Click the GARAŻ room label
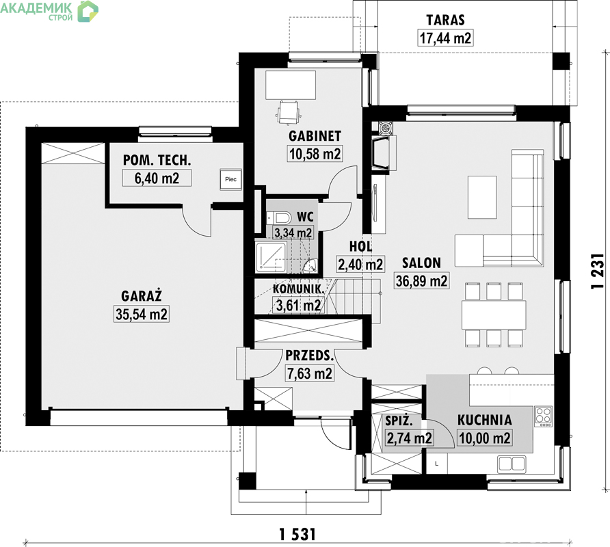[x=142, y=297]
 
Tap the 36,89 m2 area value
[x=421, y=280]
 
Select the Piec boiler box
[x=230, y=179]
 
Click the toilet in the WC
[x=279, y=218]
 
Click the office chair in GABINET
[x=289, y=111]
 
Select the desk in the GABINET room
[x=291, y=85]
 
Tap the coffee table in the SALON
[x=482, y=197]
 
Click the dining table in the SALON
[x=494, y=315]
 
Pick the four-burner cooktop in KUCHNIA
[x=544, y=416]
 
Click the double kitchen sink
[x=512, y=464]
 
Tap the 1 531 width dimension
[x=297, y=535]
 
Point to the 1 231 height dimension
[x=597, y=271]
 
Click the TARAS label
[x=445, y=20]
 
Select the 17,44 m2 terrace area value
[x=445, y=38]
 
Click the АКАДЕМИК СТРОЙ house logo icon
[x=87, y=11]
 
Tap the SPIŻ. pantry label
[x=399, y=421]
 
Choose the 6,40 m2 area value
[x=157, y=178]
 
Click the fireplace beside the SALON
[x=383, y=153]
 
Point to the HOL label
[x=360, y=246]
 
